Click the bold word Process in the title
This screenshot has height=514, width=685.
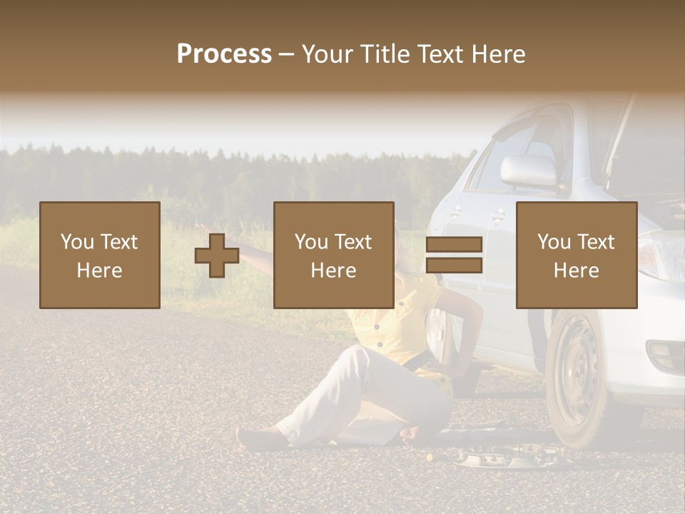[224, 54]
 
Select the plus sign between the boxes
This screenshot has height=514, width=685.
[217, 256]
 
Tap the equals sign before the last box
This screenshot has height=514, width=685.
[454, 255]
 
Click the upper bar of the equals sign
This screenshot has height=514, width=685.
[454, 245]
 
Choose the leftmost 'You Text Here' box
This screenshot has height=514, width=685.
[99, 255]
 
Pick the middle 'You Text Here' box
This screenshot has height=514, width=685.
[333, 255]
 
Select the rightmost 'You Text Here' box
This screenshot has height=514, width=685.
[576, 255]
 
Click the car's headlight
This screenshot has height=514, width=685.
[660, 257]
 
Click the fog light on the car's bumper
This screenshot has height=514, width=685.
[664, 353]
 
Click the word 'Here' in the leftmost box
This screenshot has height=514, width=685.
[99, 271]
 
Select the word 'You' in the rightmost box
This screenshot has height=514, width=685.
[554, 242]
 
